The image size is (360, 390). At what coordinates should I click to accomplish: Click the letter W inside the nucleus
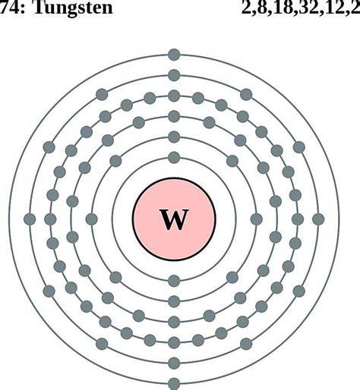[174, 219]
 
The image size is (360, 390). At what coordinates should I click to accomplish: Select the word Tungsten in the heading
[73, 8]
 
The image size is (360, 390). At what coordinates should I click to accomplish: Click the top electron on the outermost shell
[174, 55]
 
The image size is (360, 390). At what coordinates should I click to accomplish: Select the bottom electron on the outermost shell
[174, 384]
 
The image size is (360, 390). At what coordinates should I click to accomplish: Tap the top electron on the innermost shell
[174, 158]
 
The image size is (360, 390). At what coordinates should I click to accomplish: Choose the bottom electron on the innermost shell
[174, 281]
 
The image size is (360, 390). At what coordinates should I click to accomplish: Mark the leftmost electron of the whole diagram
[30, 219]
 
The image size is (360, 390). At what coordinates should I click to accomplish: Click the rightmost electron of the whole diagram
[318, 219]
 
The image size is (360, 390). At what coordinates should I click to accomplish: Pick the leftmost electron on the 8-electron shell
[91, 219]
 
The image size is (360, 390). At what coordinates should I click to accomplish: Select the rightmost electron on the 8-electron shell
[257, 219]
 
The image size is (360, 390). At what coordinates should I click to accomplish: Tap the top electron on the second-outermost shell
[174, 75]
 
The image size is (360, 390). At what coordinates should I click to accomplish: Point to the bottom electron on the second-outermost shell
[174, 363]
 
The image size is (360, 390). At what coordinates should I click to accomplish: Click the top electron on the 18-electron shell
[174, 117]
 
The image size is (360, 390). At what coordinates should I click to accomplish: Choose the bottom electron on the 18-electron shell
[174, 322]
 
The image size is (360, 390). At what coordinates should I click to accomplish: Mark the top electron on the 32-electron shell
[174, 96]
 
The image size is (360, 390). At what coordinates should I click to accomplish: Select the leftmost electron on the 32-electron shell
[50, 219]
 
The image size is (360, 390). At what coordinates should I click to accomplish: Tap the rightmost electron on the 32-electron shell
[298, 219]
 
